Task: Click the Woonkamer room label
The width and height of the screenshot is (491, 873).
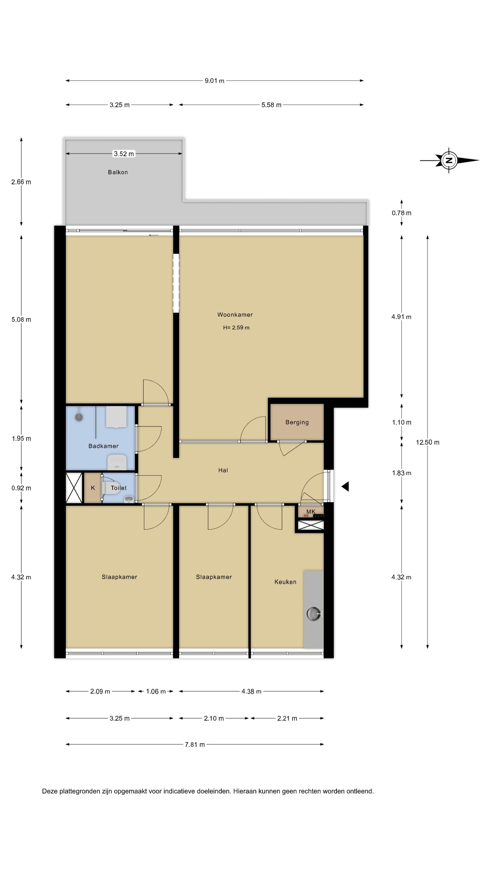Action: click(x=235, y=315)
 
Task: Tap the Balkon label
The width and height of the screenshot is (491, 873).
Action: click(x=118, y=172)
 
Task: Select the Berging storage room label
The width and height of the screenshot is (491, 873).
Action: click(x=297, y=422)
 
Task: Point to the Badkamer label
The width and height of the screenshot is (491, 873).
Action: click(x=103, y=446)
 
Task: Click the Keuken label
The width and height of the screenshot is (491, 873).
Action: click(x=285, y=582)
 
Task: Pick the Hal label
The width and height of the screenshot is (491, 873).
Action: click(x=223, y=470)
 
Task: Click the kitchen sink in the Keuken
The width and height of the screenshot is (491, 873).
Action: click(x=314, y=614)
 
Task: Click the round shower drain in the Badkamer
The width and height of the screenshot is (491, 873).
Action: click(x=79, y=417)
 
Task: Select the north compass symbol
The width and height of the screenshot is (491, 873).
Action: click(x=449, y=160)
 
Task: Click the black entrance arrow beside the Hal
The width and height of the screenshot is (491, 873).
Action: click(x=345, y=486)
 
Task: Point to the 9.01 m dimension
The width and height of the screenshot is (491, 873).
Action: click(x=214, y=81)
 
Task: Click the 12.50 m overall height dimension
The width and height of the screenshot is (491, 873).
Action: click(x=428, y=442)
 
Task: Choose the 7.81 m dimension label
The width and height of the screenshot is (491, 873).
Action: click(x=195, y=744)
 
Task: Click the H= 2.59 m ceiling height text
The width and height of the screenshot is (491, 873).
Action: click(x=236, y=327)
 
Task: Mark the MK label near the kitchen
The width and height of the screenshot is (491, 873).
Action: click(x=311, y=511)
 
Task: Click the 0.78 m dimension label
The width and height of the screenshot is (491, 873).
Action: click(x=402, y=213)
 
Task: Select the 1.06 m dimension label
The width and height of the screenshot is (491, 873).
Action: click(x=156, y=691)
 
